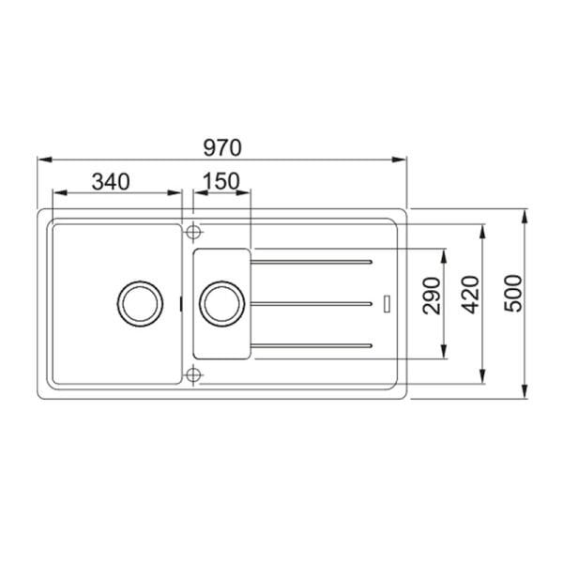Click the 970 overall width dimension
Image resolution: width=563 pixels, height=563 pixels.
coord(222,146)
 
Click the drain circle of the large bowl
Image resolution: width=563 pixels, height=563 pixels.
coord(138,302)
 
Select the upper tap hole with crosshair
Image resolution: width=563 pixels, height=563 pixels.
coord(193,231)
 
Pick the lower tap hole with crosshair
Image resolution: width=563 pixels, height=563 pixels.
coord(193,375)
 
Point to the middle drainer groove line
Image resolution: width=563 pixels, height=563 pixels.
coord(314,302)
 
